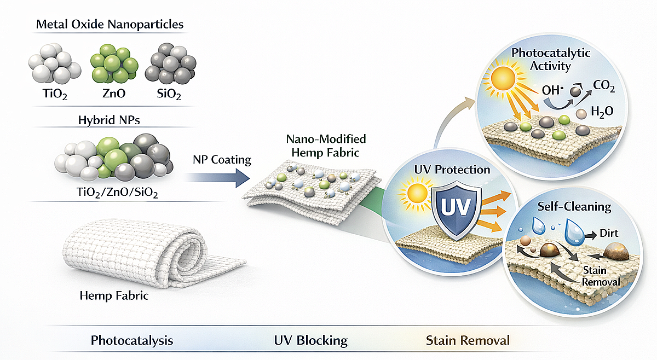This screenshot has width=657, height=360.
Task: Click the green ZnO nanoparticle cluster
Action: point(114,63)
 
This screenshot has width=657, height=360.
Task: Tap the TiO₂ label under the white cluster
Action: point(55,94)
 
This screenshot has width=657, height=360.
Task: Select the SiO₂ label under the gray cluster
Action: point(169,94)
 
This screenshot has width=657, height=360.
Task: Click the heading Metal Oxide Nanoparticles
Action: point(109,24)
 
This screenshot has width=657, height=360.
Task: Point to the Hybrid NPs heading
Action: point(109,120)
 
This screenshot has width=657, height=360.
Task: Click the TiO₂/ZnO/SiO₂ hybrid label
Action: point(117,193)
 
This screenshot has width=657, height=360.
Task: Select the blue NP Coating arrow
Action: point(218,178)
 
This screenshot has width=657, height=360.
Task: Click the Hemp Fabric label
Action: point(114,295)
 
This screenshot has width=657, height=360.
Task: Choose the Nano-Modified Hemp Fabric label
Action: point(326,146)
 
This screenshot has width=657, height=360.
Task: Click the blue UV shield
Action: point(457,210)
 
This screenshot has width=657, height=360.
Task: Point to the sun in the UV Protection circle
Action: point(417,194)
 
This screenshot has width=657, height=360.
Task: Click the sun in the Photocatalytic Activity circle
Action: point(503,79)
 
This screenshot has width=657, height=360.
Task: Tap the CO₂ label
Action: point(604,86)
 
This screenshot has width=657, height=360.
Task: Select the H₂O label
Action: point(602,112)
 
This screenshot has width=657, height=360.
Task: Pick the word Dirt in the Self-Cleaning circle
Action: point(609,234)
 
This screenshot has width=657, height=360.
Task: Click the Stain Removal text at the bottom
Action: point(468,340)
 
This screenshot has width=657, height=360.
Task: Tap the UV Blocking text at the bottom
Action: point(311,341)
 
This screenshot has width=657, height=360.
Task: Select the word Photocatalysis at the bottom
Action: point(132,341)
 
